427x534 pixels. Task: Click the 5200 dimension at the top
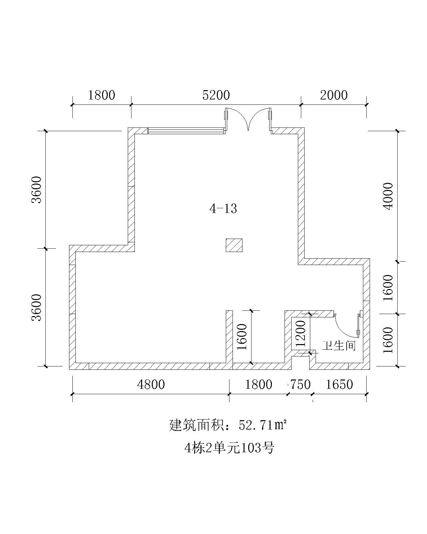coord(216,95)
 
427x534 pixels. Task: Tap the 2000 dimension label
coord(334,95)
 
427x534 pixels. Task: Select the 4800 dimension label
coord(151,384)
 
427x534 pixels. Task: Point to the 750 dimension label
coord(300,384)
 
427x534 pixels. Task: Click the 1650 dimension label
coord(339,384)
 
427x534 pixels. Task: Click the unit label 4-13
coord(223,209)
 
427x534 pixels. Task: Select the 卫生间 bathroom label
coord(339,345)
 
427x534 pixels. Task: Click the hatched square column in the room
coord(234,245)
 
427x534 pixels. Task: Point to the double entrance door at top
coord(248,119)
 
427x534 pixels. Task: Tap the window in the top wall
coord(186,131)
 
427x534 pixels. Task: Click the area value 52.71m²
coord(263,425)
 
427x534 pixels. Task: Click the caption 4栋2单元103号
coord(230,448)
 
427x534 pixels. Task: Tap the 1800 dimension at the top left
coord(101,95)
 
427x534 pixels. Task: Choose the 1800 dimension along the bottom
coord(259,384)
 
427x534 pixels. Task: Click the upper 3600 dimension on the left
coord(36,190)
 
